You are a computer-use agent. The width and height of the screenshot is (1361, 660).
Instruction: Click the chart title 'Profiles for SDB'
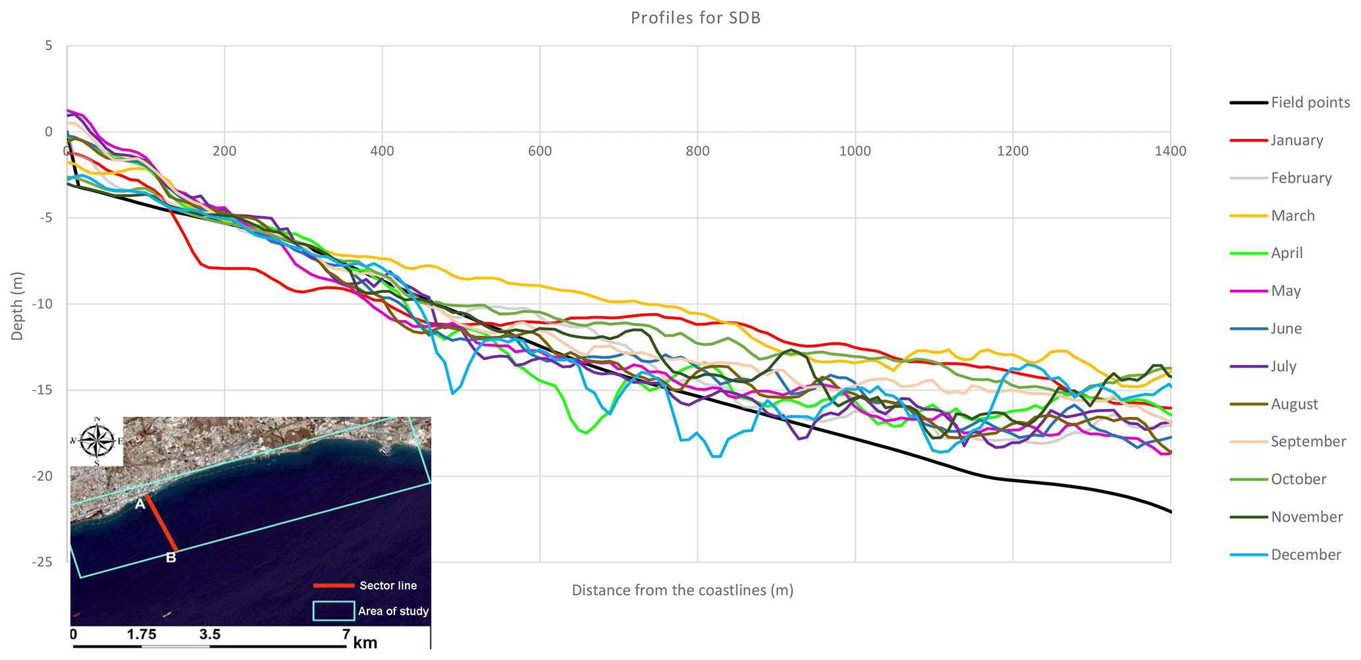tap(695, 18)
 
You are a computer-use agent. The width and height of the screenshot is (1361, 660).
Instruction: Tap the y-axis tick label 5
tap(49, 46)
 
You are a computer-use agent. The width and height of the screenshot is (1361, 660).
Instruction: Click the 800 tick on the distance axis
tap(697, 151)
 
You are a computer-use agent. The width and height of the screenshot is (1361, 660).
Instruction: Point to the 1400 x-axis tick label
tap(1170, 151)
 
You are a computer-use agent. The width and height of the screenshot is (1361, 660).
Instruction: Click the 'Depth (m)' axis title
tap(17, 306)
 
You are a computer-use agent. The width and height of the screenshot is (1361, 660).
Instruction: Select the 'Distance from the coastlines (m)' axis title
tap(682, 590)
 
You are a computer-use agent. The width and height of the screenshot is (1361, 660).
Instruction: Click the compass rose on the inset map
tap(97, 441)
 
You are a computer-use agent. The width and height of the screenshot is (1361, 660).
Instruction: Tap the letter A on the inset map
tap(140, 505)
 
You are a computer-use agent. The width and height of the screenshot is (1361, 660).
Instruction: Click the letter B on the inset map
tap(171, 558)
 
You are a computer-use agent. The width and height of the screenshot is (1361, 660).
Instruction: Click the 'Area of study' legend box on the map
tap(333, 611)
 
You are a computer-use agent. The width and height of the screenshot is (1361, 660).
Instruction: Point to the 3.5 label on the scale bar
tap(209, 635)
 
